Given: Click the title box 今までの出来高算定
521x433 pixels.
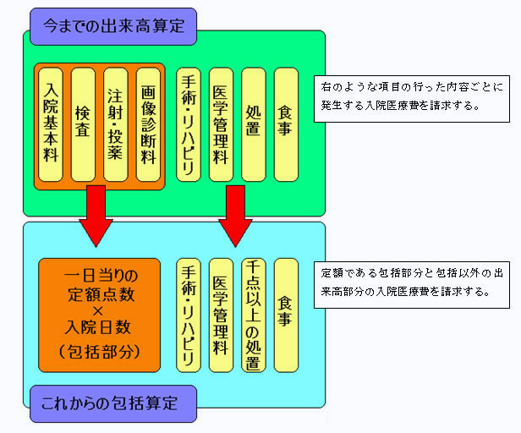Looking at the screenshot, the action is [113, 26].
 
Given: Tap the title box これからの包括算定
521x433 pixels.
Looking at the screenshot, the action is [113, 403].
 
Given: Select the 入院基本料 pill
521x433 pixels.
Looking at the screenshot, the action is [51, 124].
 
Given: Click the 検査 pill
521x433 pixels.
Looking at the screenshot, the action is [83, 124].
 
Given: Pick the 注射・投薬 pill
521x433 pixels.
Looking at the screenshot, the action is [116, 124].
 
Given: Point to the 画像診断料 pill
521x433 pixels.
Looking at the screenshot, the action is [148, 124].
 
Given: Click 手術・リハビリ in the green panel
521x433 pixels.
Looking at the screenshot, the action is [189, 124].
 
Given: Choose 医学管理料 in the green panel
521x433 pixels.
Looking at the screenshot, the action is [221, 124].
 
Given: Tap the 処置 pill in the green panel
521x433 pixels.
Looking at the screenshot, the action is [254, 124].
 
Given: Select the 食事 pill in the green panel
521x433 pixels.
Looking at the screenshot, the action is [286, 124].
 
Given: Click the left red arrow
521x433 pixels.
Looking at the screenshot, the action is [96, 216].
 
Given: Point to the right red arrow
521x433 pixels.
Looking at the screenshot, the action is [235, 216].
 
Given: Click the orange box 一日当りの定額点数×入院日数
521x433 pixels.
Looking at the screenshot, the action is [99, 315].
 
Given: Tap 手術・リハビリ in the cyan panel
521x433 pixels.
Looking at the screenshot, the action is [189, 315].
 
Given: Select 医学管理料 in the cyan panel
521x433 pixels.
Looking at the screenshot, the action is [221, 315].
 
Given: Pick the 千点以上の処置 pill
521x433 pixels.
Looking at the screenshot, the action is [254, 315].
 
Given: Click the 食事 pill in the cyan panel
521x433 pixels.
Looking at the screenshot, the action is [286, 315].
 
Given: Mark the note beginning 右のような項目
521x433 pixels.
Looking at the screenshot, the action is [412, 99].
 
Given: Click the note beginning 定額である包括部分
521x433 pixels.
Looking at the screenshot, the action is [412, 285].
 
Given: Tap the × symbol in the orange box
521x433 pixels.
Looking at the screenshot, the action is [98, 311].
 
